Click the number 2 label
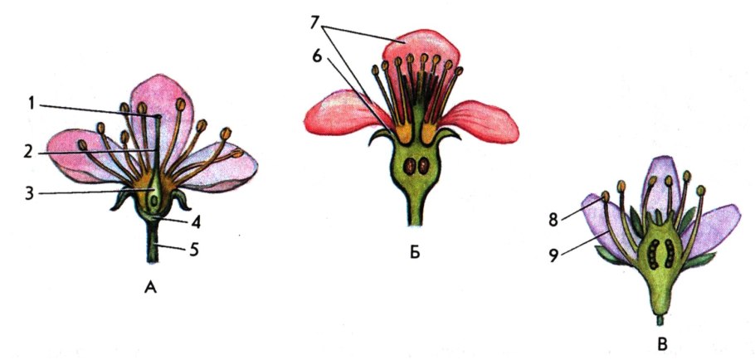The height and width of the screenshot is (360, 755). coord(29,153)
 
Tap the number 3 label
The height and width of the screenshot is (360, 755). coord(30,193)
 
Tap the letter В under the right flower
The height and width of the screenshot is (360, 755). coord(660,342)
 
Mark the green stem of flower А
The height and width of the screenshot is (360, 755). coord(154,249)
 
